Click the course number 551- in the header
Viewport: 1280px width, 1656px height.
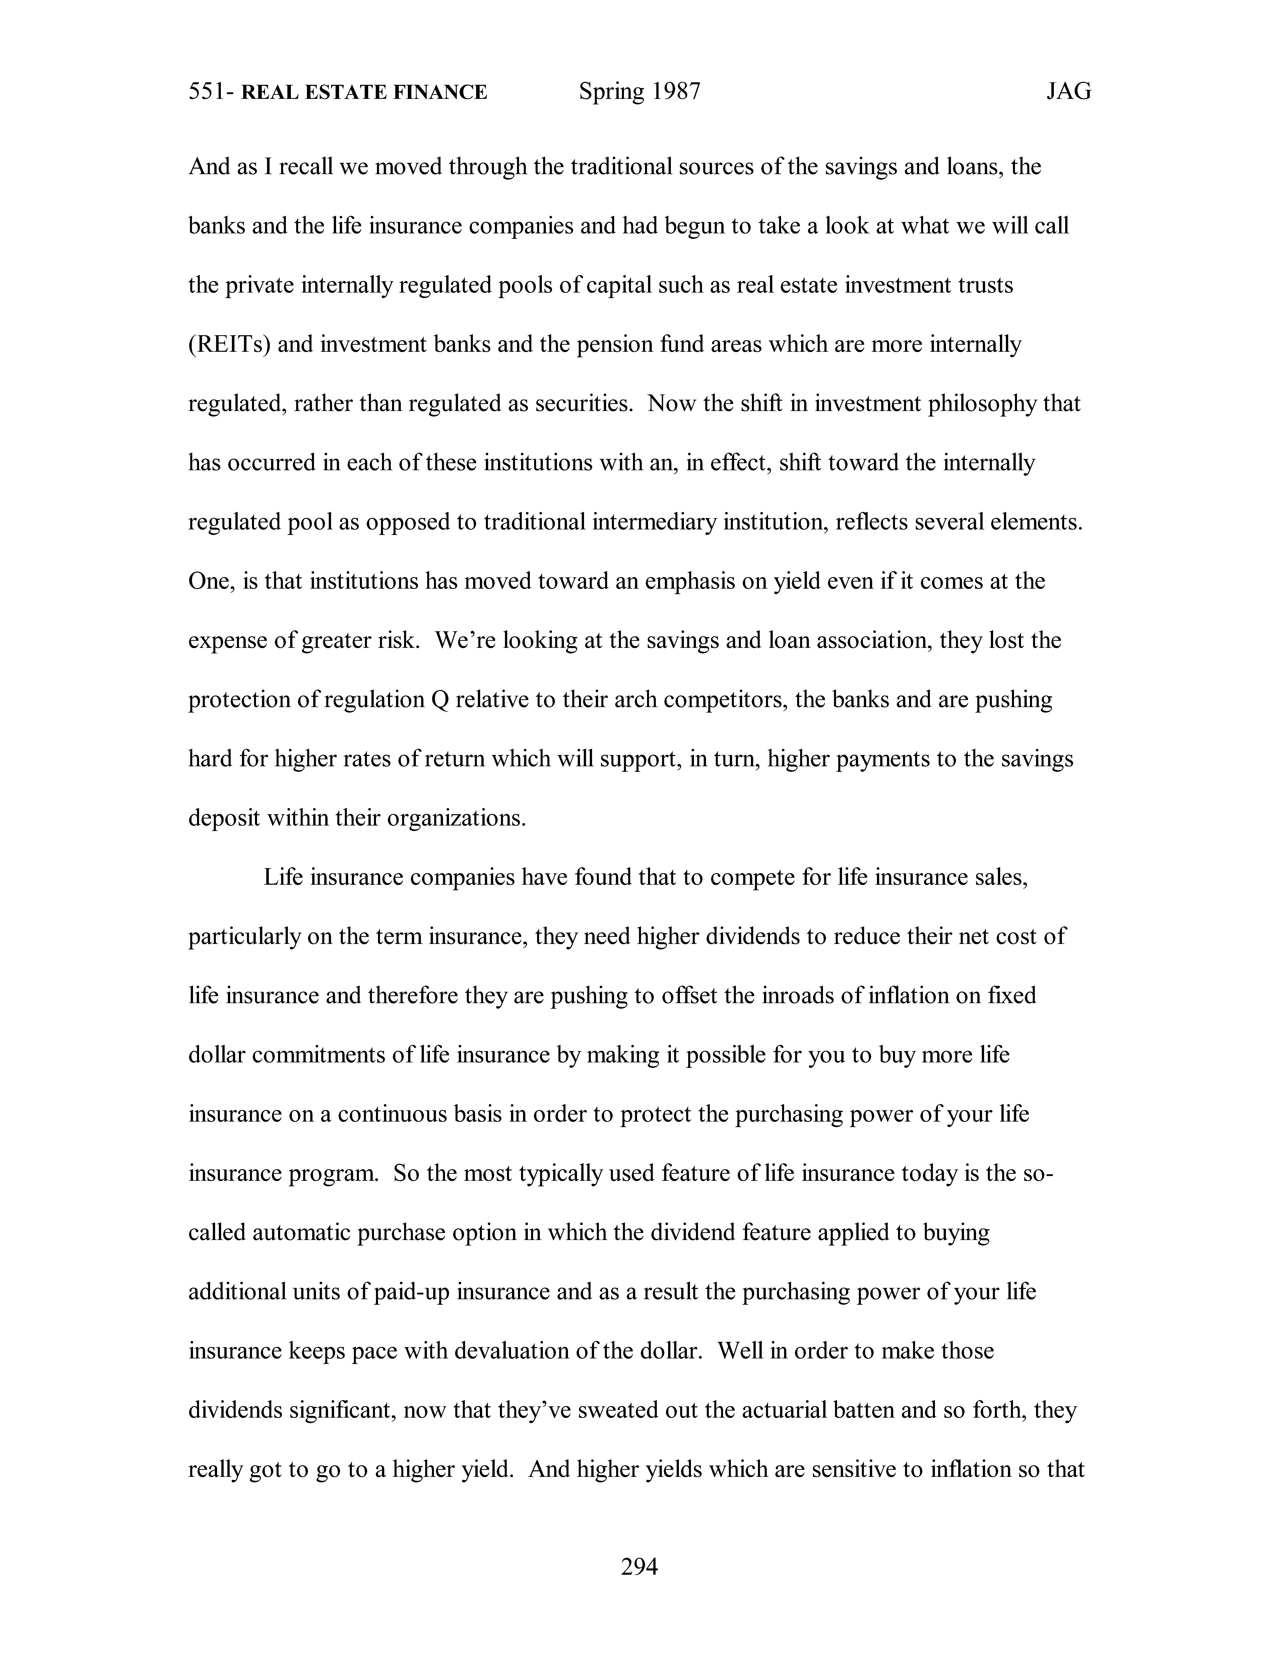click(x=211, y=92)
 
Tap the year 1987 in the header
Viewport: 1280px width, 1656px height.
click(x=675, y=92)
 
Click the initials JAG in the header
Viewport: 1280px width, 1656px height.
click(x=1068, y=92)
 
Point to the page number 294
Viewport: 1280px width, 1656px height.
click(x=639, y=1566)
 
